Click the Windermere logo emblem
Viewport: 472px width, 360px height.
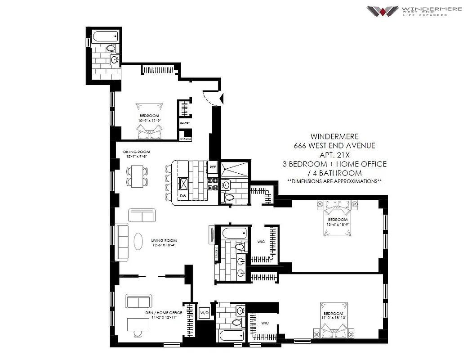383,11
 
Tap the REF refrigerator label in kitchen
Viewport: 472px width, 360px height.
213,167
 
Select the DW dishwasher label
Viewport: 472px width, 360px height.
183,196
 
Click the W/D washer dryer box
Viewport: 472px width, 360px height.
205,312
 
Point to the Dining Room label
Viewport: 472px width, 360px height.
136,152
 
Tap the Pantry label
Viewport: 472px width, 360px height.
185,123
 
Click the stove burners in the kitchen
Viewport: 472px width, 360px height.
213,183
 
